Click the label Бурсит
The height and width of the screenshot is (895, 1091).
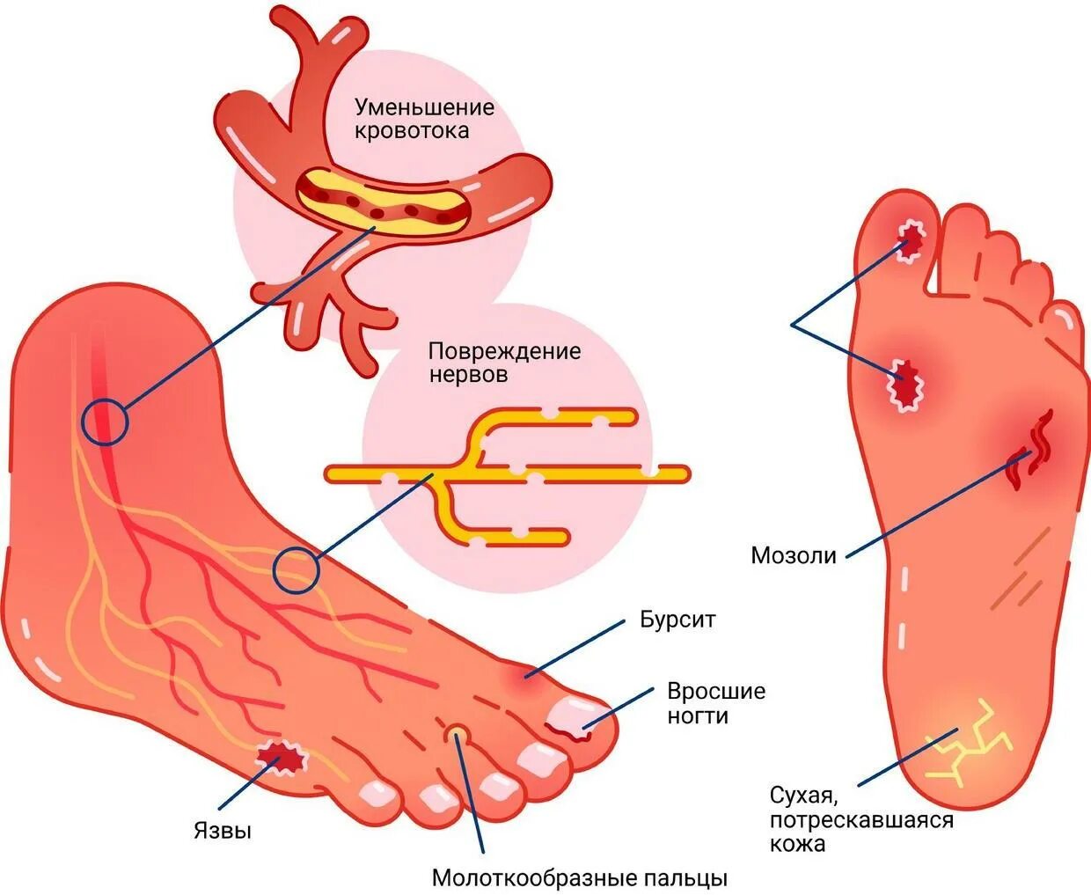point(677,620)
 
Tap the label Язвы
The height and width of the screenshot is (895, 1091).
point(223,830)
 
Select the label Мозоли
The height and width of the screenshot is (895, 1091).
point(794,555)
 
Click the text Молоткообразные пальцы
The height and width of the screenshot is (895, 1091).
point(580,877)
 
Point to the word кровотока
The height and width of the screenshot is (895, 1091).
point(412,131)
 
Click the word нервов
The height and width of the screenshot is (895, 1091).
point(468,375)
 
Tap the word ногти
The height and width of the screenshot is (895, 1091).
point(698,715)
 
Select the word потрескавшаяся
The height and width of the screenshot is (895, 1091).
point(861,820)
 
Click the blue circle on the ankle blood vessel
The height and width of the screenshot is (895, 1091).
point(105,422)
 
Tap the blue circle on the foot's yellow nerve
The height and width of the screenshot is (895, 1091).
point(296,571)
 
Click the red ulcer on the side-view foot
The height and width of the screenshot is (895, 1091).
point(282,759)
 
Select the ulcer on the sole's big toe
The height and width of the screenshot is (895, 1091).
point(911,237)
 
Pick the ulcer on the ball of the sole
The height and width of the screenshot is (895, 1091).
point(905,384)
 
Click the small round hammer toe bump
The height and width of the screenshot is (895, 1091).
point(457,732)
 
